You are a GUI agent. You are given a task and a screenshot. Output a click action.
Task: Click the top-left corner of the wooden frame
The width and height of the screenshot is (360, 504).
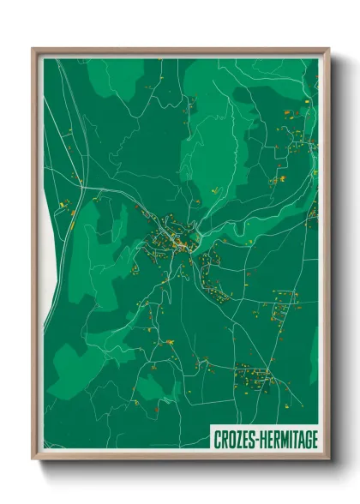tap(33, 49)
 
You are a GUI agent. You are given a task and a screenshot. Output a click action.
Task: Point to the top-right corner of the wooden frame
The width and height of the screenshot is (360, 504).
tap(328, 49)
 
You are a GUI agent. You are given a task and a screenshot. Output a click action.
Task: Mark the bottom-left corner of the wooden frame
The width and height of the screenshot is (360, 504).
tap(33, 459)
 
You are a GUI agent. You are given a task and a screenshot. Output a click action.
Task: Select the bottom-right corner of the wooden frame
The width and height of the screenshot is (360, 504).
tap(328, 459)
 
